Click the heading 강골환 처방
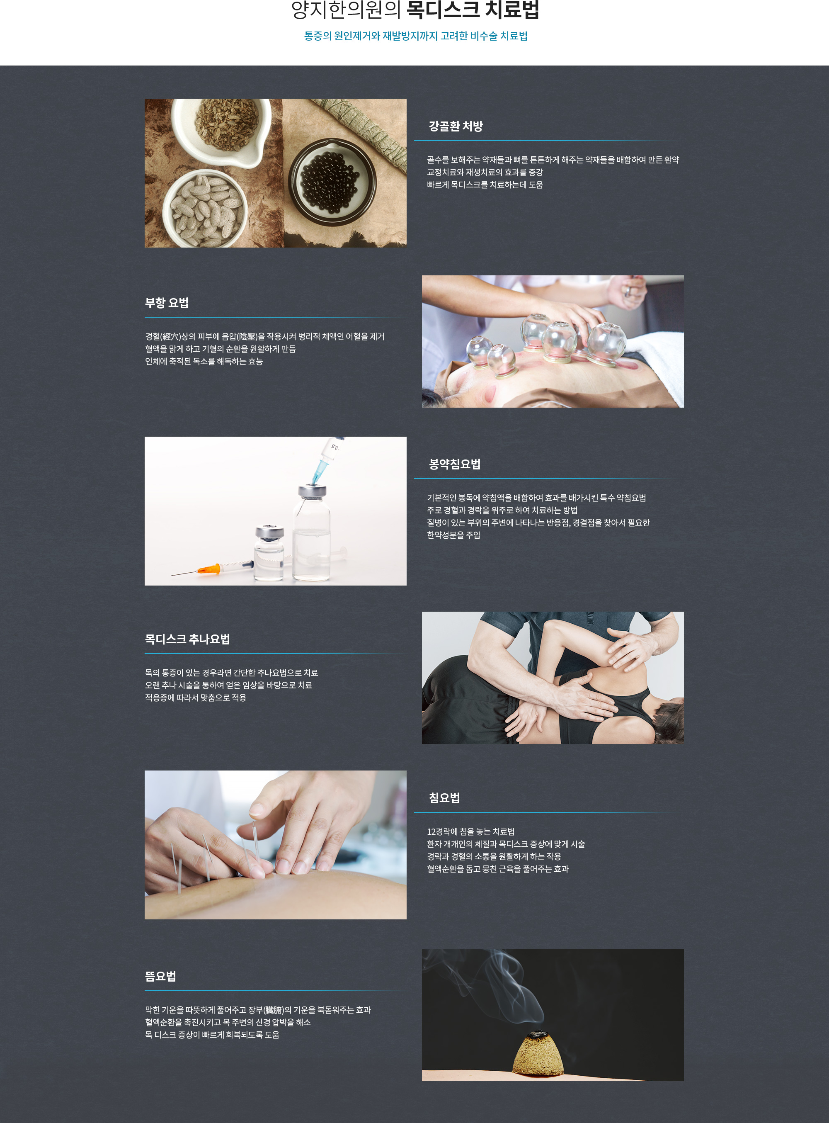456,126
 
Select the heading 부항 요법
167,303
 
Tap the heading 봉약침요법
455,464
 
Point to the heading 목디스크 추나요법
188,639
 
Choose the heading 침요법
444,798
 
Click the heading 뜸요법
160,976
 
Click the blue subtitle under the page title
415,36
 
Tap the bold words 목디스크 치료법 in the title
472,10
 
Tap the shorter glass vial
269,553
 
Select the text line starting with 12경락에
471,832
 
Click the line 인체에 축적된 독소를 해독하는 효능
204,362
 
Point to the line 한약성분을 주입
453,535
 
